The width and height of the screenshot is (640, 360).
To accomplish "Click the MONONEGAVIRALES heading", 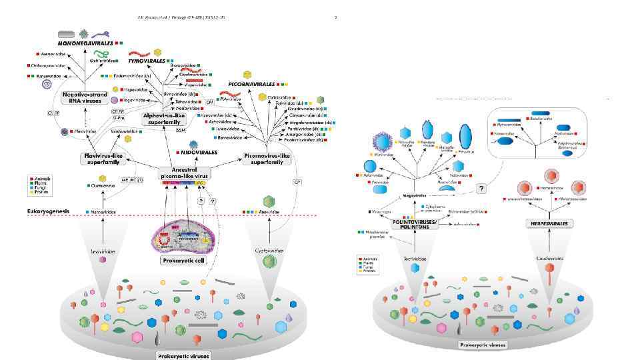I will pos(84,43).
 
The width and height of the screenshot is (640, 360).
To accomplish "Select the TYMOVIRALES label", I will pos(147,61).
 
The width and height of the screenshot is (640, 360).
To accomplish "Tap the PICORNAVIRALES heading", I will pos(251,85).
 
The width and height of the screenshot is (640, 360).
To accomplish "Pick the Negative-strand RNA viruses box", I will pos(85,98).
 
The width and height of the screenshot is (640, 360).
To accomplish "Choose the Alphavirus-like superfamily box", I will pos(162,119).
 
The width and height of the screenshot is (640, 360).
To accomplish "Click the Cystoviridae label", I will pos(269,251).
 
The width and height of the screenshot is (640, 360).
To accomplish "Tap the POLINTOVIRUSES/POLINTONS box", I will pos(415,223).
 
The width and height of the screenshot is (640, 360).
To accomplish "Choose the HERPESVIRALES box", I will pos(550,223).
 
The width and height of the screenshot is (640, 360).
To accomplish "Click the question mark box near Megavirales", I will pos(481,189).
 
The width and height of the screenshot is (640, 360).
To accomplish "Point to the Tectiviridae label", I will pos(415,258).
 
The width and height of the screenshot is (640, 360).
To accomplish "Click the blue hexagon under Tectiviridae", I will pos(415,268).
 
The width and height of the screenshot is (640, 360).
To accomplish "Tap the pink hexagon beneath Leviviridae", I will pos(103,260).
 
